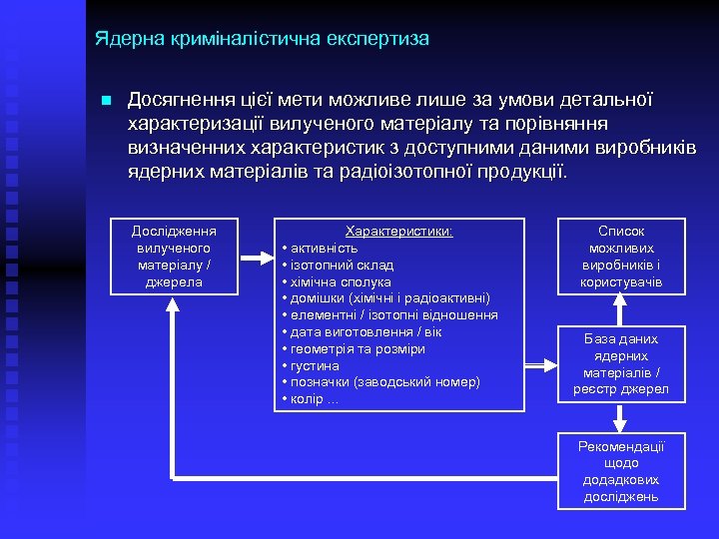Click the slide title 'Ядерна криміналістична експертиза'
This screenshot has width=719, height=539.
click(x=262, y=39)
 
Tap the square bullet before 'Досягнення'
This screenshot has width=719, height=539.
click(x=107, y=101)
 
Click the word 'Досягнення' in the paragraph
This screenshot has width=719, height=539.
click(x=176, y=101)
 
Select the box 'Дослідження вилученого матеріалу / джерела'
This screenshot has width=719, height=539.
click(x=174, y=256)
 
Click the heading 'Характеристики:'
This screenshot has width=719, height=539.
click(x=398, y=231)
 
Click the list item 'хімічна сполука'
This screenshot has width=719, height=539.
click(x=341, y=281)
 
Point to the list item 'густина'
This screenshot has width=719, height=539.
click(x=315, y=366)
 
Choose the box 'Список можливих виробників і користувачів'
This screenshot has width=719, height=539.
click(x=621, y=256)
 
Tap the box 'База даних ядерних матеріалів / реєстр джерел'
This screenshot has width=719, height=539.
click(x=621, y=363)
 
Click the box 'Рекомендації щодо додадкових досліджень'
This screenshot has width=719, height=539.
click(x=621, y=471)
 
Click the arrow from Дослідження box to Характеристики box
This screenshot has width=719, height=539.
click(x=256, y=256)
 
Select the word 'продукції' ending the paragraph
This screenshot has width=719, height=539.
click(x=519, y=171)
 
